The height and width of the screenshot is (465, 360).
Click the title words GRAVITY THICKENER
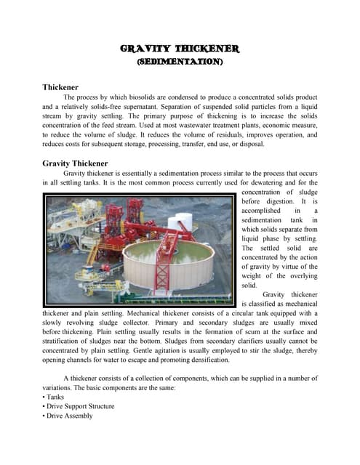click(x=179, y=49)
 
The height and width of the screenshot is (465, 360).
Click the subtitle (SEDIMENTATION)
click(x=179, y=62)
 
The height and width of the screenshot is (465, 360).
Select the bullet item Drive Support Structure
click(x=81, y=406)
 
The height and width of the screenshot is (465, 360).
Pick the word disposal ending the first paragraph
click(x=254, y=145)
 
